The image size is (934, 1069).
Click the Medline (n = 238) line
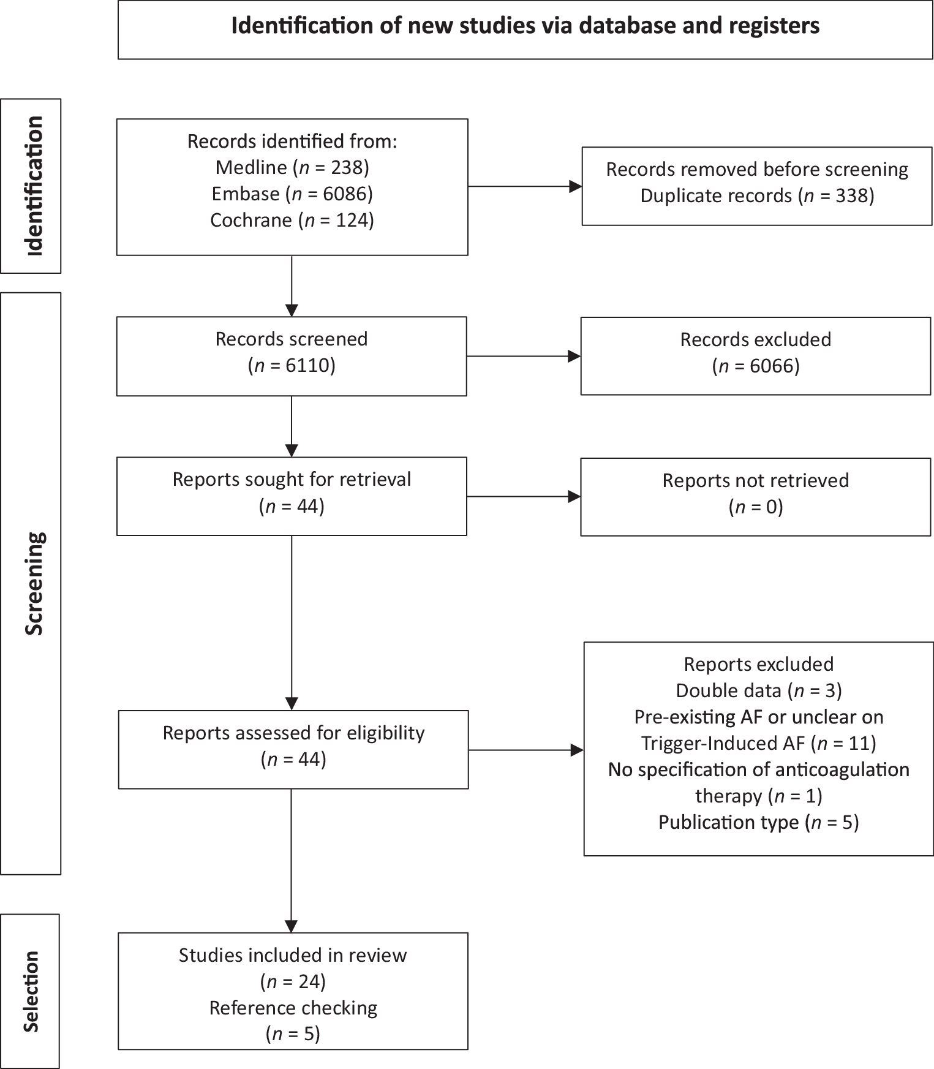tap(292, 167)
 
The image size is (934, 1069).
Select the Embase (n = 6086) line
tap(292, 194)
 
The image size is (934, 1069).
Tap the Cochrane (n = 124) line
tap(292, 220)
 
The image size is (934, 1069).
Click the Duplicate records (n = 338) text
tap(757, 196)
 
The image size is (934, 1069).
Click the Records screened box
tap(292, 355)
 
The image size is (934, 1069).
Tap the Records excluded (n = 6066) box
tap(755, 355)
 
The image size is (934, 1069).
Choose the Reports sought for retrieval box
tap(292, 496)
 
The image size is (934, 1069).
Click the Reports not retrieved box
tap(755, 496)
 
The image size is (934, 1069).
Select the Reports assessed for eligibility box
tap(293, 749)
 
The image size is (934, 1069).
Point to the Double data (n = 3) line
tap(758, 691)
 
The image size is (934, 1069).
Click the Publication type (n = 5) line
tap(758, 822)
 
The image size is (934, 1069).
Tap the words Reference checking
tap(293, 1008)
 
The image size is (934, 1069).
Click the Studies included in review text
tap(293, 955)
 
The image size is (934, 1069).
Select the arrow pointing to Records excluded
tap(524, 356)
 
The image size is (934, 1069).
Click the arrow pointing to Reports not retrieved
tap(524, 497)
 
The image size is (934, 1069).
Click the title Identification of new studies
tap(525, 26)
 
